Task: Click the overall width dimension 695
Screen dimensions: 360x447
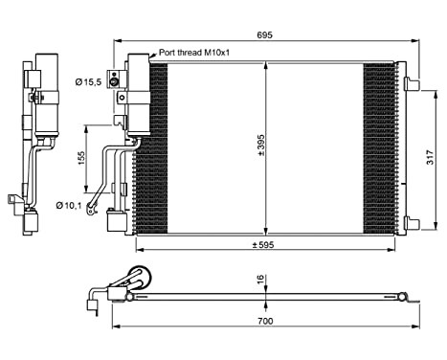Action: click(x=265, y=34)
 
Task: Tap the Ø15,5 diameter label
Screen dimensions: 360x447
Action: click(x=89, y=83)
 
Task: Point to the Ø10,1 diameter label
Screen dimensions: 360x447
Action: click(x=67, y=204)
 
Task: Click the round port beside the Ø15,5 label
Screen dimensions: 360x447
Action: click(x=115, y=82)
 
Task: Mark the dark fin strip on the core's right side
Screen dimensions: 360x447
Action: click(x=380, y=148)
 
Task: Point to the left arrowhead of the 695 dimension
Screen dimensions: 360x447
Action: click(x=118, y=43)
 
